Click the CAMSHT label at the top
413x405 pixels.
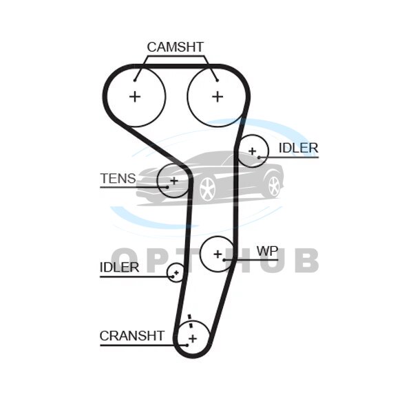[176, 47]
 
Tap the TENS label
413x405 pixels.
[118, 179]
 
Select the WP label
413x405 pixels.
[267, 251]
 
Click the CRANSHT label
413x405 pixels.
[132, 336]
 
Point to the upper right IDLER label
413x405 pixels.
[298, 148]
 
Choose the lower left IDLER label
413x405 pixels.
[119, 267]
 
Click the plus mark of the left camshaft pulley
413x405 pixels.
[135, 96]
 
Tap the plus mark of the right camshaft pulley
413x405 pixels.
[218, 96]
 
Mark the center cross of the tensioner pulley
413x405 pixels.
[174, 181]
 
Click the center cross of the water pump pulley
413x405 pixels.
[218, 254]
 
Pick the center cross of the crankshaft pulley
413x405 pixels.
[193, 338]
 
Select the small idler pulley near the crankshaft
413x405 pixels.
[176, 274]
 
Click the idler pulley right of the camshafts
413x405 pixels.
[252, 151]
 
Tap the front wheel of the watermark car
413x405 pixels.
[206, 188]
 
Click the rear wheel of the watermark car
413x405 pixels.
[274, 185]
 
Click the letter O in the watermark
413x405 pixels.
[126, 261]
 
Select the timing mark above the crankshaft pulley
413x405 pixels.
[189, 318]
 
